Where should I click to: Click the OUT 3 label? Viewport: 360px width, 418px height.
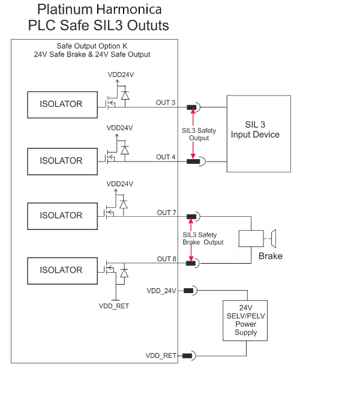tap(166, 103)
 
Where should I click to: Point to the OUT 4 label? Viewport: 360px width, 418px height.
tap(166, 157)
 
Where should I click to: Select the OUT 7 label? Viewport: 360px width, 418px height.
tap(166, 213)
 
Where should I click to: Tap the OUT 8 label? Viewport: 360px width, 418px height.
tap(166, 259)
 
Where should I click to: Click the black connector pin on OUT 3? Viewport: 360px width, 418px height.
tap(191, 108)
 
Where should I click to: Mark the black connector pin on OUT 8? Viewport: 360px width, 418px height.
tap(191, 264)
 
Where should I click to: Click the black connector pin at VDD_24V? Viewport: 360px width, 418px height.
tap(188, 291)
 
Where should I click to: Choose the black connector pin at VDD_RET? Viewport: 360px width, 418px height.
tap(187, 356)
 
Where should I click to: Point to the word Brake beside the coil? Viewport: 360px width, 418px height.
tap(271, 256)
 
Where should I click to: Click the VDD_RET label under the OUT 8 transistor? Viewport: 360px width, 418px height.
tap(114, 306)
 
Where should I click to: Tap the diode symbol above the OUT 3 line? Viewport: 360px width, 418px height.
tap(125, 95)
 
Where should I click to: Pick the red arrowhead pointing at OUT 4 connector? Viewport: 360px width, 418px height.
tap(193, 156)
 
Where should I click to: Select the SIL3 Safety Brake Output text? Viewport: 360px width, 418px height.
tap(203, 238)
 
